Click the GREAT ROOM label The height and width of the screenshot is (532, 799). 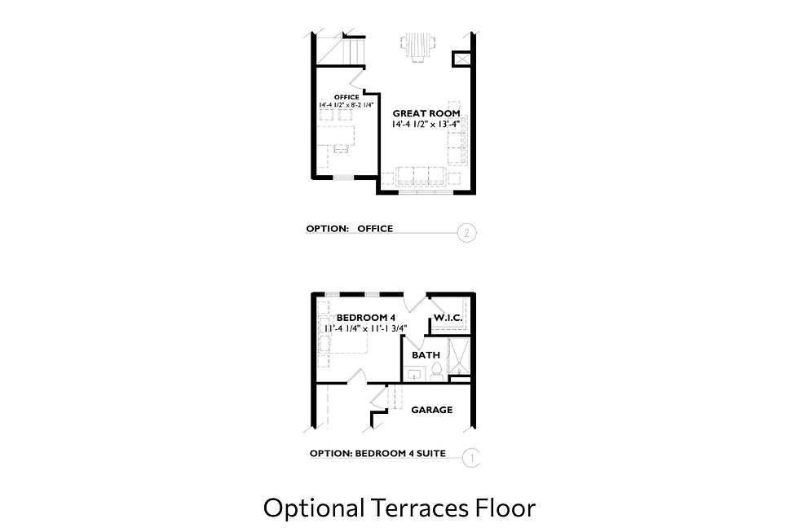click(x=426, y=113)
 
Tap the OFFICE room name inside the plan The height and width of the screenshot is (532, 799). click(x=347, y=97)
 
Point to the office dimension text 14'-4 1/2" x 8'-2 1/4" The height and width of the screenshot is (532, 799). click(x=347, y=105)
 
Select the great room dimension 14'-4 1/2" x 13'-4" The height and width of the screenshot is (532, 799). click(x=426, y=124)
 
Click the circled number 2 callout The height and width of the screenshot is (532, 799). click(x=467, y=234)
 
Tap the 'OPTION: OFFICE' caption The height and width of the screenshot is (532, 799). click(x=349, y=229)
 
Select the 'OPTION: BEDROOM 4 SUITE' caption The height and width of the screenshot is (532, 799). click(x=377, y=454)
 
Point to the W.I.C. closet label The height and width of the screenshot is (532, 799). click(x=448, y=317)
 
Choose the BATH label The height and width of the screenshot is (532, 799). click(x=426, y=355)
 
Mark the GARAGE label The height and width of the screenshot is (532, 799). click(x=431, y=410)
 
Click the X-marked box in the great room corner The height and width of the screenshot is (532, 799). click(x=461, y=59)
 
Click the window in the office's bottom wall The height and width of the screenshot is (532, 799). click(x=343, y=177)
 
